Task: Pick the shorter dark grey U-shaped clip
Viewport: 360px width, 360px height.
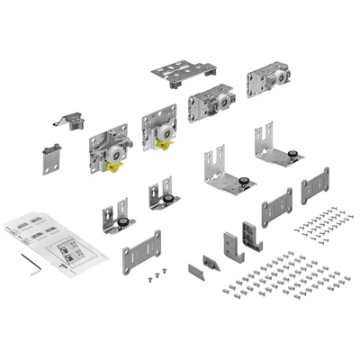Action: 224,243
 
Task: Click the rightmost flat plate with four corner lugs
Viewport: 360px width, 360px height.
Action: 316,187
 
